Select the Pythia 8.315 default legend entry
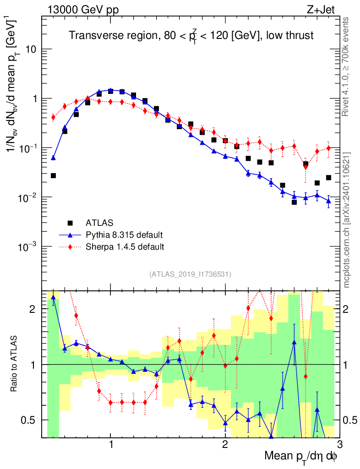(x=124, y=235)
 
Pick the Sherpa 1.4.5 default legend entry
(x=125, y=247)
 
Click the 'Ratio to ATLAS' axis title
(x=15, y=365)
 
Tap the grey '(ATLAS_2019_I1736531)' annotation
(x=190, y=274)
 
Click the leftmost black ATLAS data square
(x=53, y=175)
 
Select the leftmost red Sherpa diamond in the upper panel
(x=53, y=117)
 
